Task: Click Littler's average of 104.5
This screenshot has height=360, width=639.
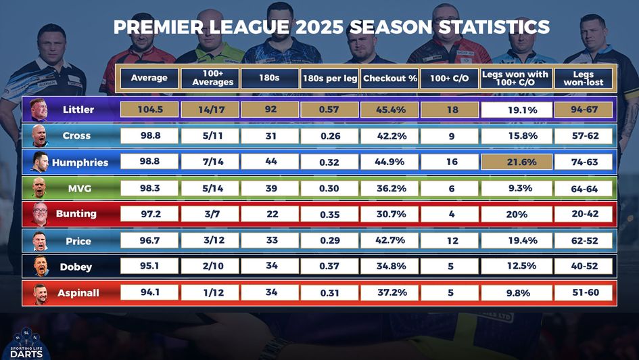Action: tap(149, 110)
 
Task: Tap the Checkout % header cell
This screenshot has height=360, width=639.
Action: tap(389, 78)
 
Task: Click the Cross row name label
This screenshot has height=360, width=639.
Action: tap(76, 136)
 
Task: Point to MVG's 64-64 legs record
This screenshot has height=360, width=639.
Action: tap(584, 189)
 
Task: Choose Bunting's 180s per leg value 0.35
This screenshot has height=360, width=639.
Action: tap(329, 215)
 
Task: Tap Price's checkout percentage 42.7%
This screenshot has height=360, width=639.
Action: tap(389, 240)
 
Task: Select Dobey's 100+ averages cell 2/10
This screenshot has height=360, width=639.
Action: tap(208, 266)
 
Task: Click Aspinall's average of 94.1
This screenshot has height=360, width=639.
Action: tap(149, 292)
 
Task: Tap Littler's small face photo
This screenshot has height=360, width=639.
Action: tap(39, 110)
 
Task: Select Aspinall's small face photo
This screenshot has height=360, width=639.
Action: tap(39, 293)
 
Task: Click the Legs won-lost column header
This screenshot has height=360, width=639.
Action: tap(584, 78)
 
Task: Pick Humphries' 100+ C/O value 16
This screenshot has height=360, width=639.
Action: tap(451, 162)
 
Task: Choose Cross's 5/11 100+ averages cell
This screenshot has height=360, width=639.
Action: tap(208, 136)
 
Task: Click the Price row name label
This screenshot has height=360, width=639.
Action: tap(78, 241)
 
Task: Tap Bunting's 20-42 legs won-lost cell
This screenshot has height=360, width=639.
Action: tap(584, 215)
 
